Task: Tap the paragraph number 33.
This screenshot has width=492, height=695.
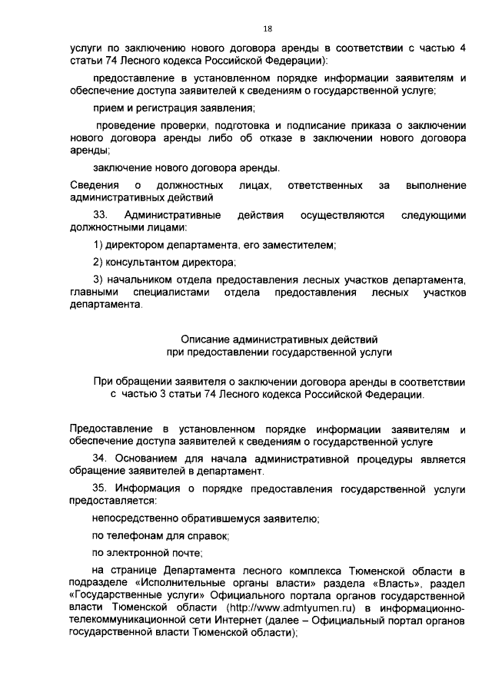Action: pyautogui.click(x=100, y=216)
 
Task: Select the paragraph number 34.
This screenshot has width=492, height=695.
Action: pyautogui.click(x=100, y=458)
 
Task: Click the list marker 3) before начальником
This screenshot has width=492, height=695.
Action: pyautogui.click(x=98, y=279)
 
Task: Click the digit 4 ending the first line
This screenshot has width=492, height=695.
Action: pyautogui.click(x=462, y=48)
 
